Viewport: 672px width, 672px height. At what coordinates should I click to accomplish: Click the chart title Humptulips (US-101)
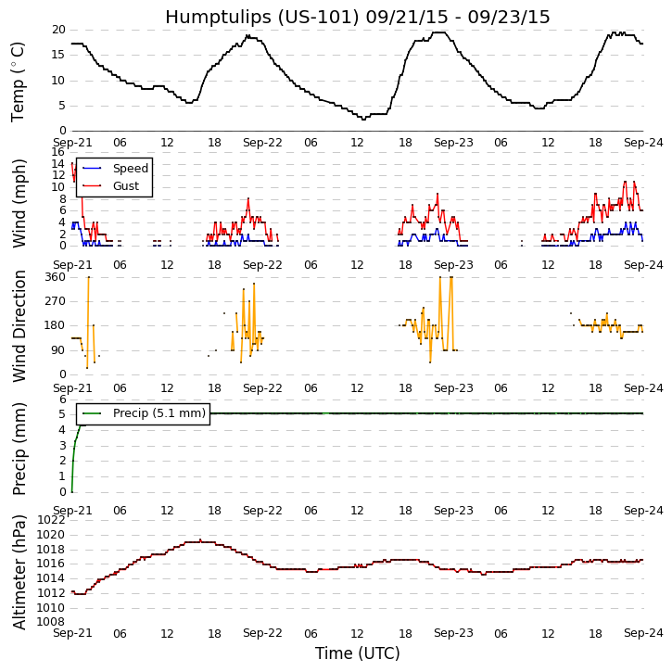[357, 18]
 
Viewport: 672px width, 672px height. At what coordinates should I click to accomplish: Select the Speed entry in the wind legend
[130, 169]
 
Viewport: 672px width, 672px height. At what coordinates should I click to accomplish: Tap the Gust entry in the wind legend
[125, 186]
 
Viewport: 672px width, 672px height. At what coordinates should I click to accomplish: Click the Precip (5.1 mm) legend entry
[158, 413]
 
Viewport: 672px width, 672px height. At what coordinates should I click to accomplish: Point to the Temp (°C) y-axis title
[19, 81]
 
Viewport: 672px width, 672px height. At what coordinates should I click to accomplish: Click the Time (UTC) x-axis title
[357, 653]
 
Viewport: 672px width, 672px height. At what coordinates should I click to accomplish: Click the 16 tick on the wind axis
[57, 152]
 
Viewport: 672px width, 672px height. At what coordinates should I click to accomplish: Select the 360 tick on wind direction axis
[54, 277]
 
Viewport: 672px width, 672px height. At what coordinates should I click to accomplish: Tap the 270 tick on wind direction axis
[54, 301]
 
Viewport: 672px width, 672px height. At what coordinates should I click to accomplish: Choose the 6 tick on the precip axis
[61, 399]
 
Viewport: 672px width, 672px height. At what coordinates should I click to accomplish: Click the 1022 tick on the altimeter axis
[50, 521]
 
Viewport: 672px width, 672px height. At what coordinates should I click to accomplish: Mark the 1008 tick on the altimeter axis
[50, 622]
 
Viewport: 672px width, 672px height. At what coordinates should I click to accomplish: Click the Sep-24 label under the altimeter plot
[643, 633]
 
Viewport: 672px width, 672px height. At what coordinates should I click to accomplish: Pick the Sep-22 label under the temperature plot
[262, 143]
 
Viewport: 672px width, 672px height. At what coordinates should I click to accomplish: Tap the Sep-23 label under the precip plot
[453, 510]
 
